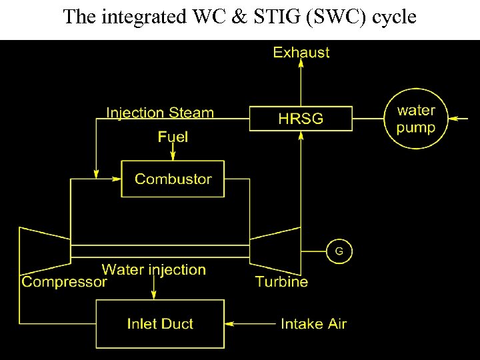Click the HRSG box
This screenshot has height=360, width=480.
tap(301, 119)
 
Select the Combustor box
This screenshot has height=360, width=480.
tap(173, 179)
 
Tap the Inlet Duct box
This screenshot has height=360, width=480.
tap(160, 324)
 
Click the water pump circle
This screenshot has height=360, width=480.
tap(415, 119)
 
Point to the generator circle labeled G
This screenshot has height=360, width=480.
tap(339, 252)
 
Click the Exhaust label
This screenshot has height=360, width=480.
tap(301, 53)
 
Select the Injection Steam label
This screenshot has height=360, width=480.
tap(160, 112)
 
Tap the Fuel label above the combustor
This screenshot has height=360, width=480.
tap(173, 137)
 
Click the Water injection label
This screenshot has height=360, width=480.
tap(154, 269)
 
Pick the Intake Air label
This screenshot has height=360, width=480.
tap(314, 324)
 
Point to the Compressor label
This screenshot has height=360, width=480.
tap(64, 282)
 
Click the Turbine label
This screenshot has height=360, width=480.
tap(282, 282)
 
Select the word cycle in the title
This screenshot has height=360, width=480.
tap(393, 17)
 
